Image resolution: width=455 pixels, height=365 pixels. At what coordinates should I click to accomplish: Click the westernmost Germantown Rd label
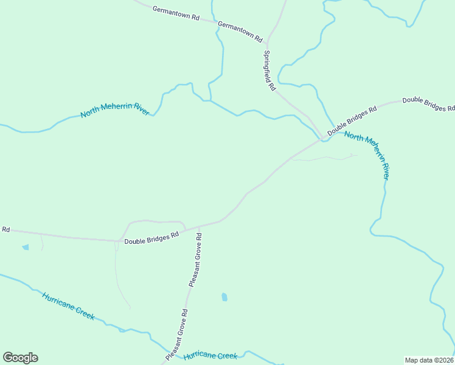pos(176,14)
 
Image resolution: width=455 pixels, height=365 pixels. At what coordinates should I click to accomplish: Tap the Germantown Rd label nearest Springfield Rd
pos(240,32)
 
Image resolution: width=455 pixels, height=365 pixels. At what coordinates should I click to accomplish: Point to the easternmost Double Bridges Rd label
pos(428,104)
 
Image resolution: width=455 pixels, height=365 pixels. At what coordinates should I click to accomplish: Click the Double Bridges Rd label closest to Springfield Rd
pos(352,120)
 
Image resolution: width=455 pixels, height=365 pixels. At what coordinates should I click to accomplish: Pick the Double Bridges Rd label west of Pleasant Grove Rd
pos(151,237)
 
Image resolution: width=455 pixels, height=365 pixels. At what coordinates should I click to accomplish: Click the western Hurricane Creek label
pos(68,305)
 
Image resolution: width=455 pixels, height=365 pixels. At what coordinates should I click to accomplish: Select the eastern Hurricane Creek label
pos(210,355)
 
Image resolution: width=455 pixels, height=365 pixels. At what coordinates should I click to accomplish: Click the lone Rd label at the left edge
pos(6,229)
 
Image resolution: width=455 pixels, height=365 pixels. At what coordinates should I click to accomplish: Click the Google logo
pos(20,358)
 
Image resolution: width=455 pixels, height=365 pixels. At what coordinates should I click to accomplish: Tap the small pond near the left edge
pos(25,247)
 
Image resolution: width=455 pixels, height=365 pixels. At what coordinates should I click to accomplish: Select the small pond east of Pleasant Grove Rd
pos(224,297)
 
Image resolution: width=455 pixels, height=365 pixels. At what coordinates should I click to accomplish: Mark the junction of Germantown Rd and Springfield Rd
pos(267,42)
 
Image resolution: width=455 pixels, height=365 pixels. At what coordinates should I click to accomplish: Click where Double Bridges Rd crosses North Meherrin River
pos(323,139)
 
